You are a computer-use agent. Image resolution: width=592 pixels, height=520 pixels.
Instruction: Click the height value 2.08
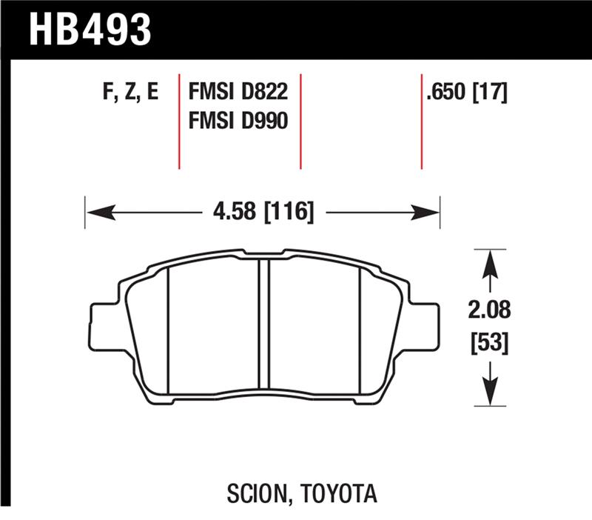(488, 308)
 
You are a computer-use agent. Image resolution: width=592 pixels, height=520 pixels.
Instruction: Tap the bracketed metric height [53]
(488, 343)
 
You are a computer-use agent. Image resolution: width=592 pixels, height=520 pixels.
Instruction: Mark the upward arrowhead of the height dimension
(488, 261)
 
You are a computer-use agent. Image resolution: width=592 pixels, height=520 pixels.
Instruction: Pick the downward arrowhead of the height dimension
(488, 396)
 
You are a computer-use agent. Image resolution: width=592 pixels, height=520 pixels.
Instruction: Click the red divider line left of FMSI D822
(180, 121)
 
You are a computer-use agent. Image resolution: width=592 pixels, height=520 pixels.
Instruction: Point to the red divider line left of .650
(421, 121)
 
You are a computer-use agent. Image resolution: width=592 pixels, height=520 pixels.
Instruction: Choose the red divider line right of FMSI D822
(300, 121)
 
